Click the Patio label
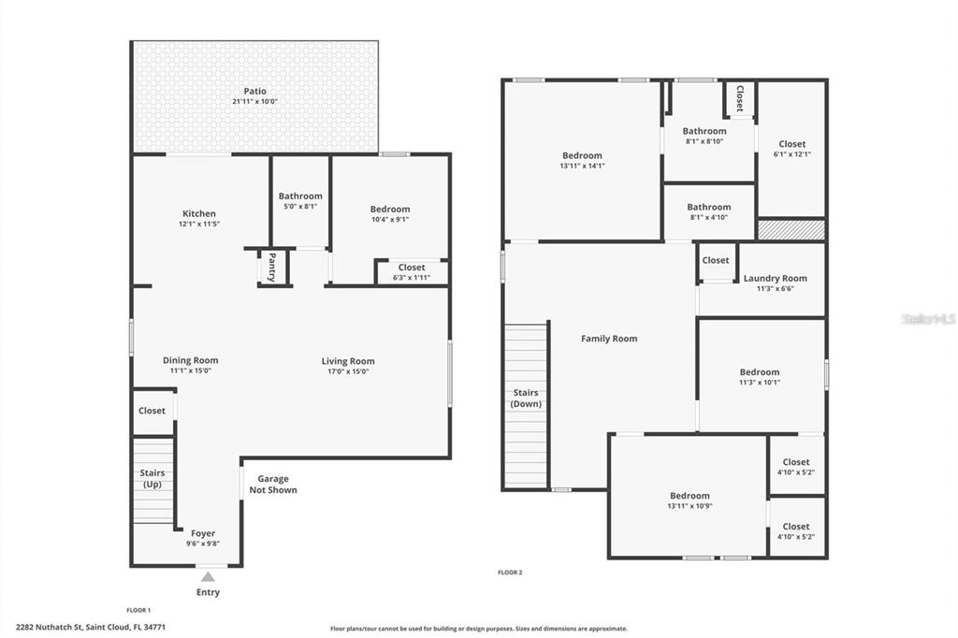(254, 91)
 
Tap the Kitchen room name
(199, 213)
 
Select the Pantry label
(272, 267)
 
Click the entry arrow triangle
(209, 576)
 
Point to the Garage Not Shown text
(273, 485)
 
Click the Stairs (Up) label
(152, 479)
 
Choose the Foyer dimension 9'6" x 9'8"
(203, 544)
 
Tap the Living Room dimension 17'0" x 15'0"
(348, 371)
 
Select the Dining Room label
(190, 360)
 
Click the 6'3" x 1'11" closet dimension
(412, 278)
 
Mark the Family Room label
(609, 338)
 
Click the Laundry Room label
(776, 278)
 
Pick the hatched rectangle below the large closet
(791, 230)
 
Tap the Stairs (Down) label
(526, 398)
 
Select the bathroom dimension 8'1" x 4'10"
(709, 217)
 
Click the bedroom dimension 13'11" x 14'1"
(582, 166)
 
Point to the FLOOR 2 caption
(510, 573)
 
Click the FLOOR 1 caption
(138, 610)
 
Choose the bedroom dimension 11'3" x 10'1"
(760, 382)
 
